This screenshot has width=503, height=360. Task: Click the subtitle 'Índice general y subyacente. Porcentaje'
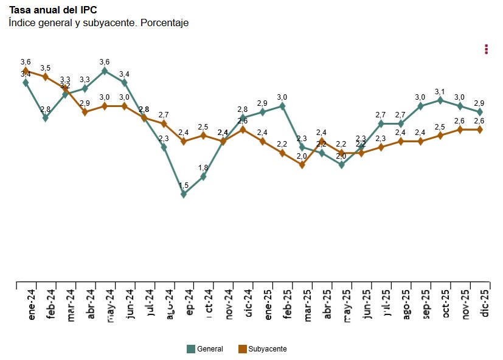(99, 23)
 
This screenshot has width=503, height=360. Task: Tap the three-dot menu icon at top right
(486, 49)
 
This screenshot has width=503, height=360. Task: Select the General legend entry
(205, 349)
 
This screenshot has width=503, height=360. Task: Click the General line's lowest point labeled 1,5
(184, 195)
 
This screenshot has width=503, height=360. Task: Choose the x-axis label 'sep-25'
(426, 303)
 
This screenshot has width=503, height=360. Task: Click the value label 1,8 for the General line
(203, 168)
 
